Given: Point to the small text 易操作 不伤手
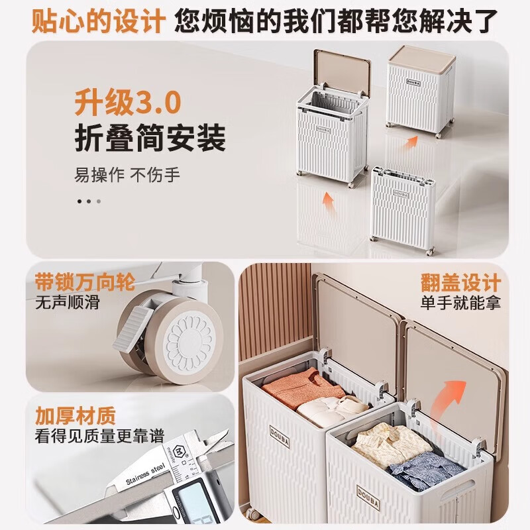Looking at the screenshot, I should click(x=127, y=176).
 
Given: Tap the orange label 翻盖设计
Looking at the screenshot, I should click(x=460, y=283).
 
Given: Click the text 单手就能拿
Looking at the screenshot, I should click(x=460, y=303).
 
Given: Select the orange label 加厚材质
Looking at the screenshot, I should click(x=76, y=416).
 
